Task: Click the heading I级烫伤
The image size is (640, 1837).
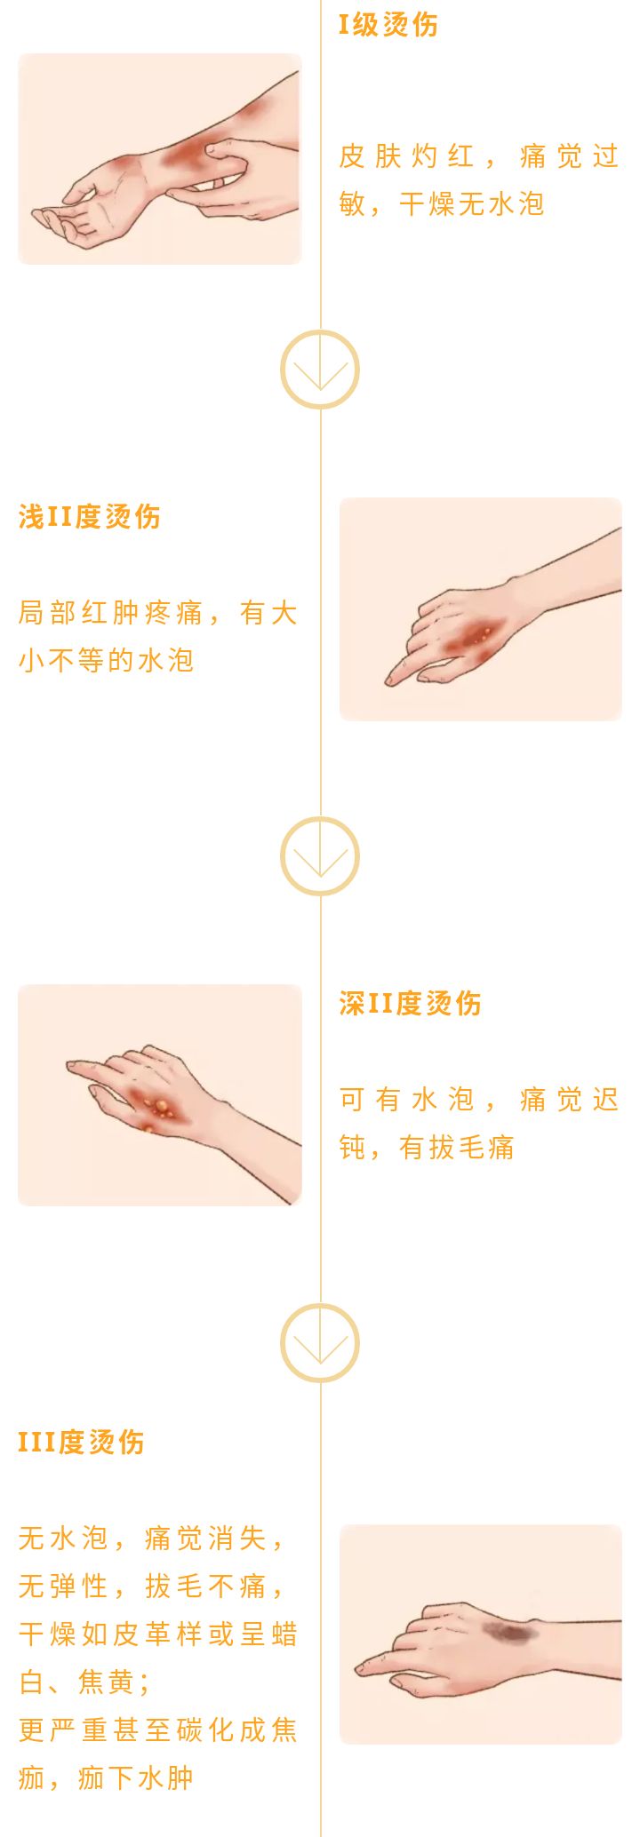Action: (x=388, y=25)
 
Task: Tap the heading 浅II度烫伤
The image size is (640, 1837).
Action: (x=89, y=517)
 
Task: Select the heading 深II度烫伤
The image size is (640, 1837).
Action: (x=410, y=1004)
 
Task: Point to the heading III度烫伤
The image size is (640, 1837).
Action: (x=81, y=1443)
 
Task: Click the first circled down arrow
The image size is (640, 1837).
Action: (x=320, y=370)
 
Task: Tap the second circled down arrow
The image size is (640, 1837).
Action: (x=320, y=856)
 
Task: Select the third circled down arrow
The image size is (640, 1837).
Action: (x=320, y=1343)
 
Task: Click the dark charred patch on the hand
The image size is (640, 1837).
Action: (x=506, y=1631)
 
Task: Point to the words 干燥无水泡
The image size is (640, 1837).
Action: (x=471, y=205)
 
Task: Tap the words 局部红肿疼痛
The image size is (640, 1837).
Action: (x=110, y=613)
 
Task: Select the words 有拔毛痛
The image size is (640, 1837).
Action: (x=456, y=1148)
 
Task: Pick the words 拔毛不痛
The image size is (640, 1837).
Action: (x=205, y=1586)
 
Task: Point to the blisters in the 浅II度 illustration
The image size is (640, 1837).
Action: (x=482, y=634)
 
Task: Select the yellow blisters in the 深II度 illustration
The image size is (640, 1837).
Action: (x=161, y=1107)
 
